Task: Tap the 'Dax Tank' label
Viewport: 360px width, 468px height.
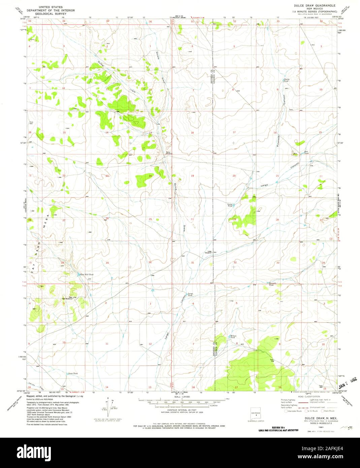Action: (x=297, y=153)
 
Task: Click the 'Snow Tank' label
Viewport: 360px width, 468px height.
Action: (x=73, y=374)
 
